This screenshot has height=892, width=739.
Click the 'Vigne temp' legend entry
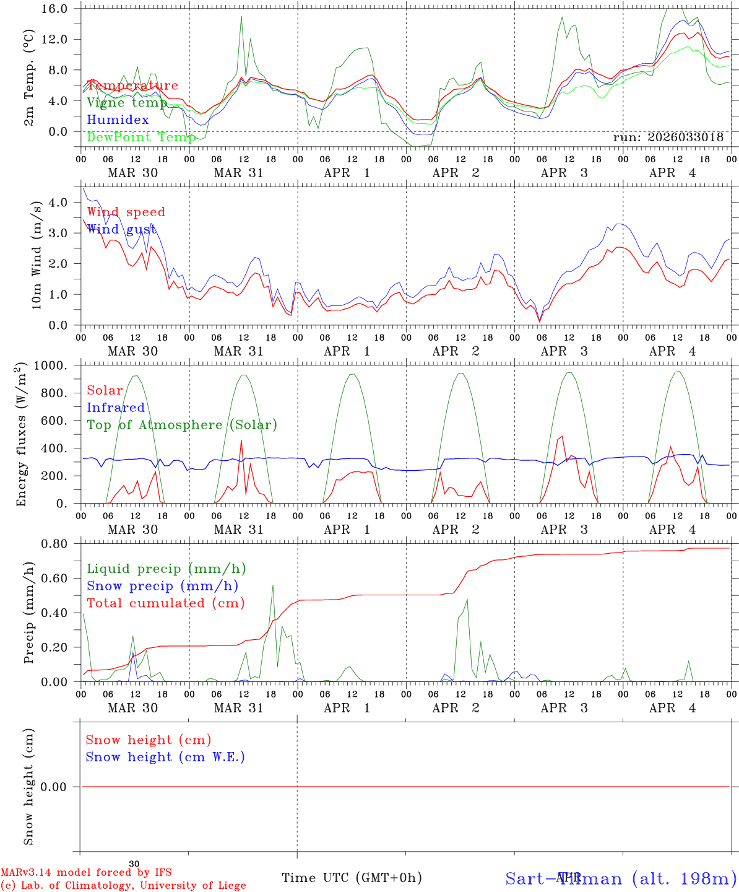[127, 103]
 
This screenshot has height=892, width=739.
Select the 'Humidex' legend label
[118, 120]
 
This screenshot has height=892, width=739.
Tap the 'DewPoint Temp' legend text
[141, 137]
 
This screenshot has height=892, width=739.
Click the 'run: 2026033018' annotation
[668, 138]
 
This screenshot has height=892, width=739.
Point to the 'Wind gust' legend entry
[121, 229]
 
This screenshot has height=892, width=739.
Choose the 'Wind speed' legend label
[126, 212]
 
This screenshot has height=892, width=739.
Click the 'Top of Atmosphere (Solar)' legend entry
[182, 425]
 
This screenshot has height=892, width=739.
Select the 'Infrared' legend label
[116, 408]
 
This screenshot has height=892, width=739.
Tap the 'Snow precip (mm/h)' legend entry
[163, 586]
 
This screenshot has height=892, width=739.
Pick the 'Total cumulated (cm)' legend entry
[166, 603]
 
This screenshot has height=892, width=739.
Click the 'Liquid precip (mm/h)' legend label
[166, 569]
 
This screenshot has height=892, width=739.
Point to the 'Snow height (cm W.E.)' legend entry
[165, 757]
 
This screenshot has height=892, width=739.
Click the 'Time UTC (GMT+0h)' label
[352, 878]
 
